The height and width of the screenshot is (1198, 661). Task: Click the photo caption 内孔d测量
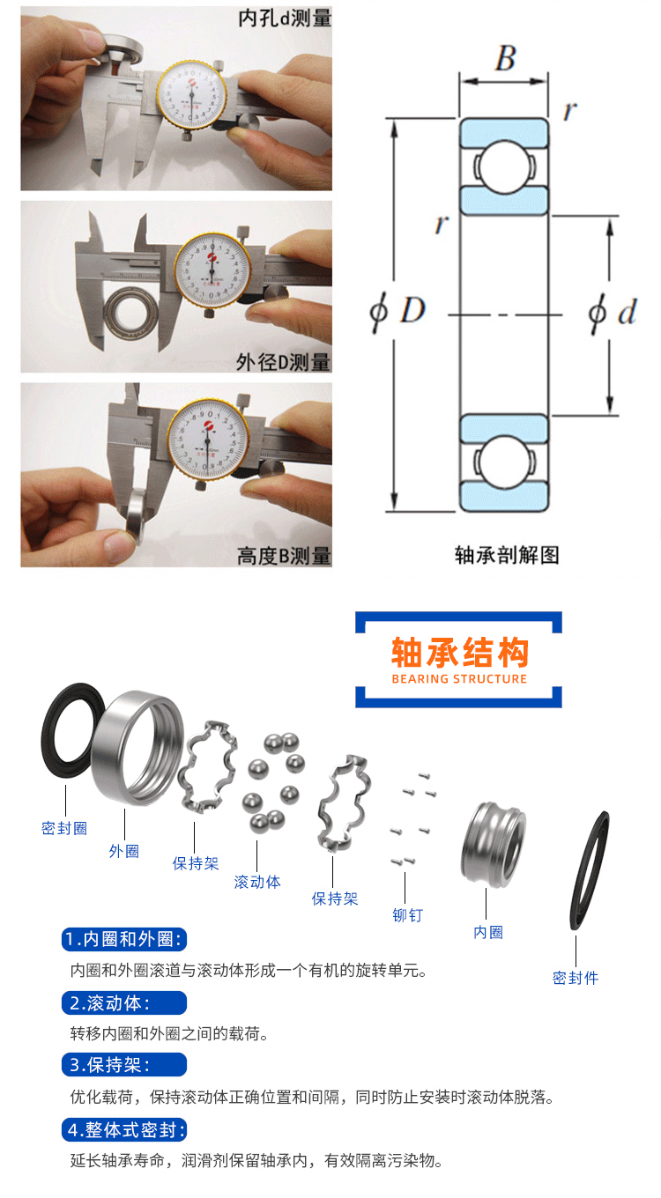coord(285,17)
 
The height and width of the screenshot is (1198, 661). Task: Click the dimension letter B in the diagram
coord(504,58)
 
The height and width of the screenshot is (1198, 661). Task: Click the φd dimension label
coord(612,313)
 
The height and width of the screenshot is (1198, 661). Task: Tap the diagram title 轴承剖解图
coord(506,555)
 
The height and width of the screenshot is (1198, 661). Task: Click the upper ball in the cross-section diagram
coord(503,166)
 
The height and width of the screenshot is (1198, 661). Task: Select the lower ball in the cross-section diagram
coord(503,462)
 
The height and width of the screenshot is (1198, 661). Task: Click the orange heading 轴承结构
coord(459,653)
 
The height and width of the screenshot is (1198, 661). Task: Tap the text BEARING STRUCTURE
coord(459,679)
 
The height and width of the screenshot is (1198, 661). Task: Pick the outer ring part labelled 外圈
coord(137,749)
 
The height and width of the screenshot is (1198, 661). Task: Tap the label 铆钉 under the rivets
coord(407,915)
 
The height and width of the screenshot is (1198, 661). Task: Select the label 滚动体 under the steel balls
coord(257,882)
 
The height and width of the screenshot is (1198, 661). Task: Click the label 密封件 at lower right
coord(576,978)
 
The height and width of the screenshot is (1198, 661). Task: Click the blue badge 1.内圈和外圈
coord(124,939)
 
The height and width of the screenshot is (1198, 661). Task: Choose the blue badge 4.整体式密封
coord(124,1130)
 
